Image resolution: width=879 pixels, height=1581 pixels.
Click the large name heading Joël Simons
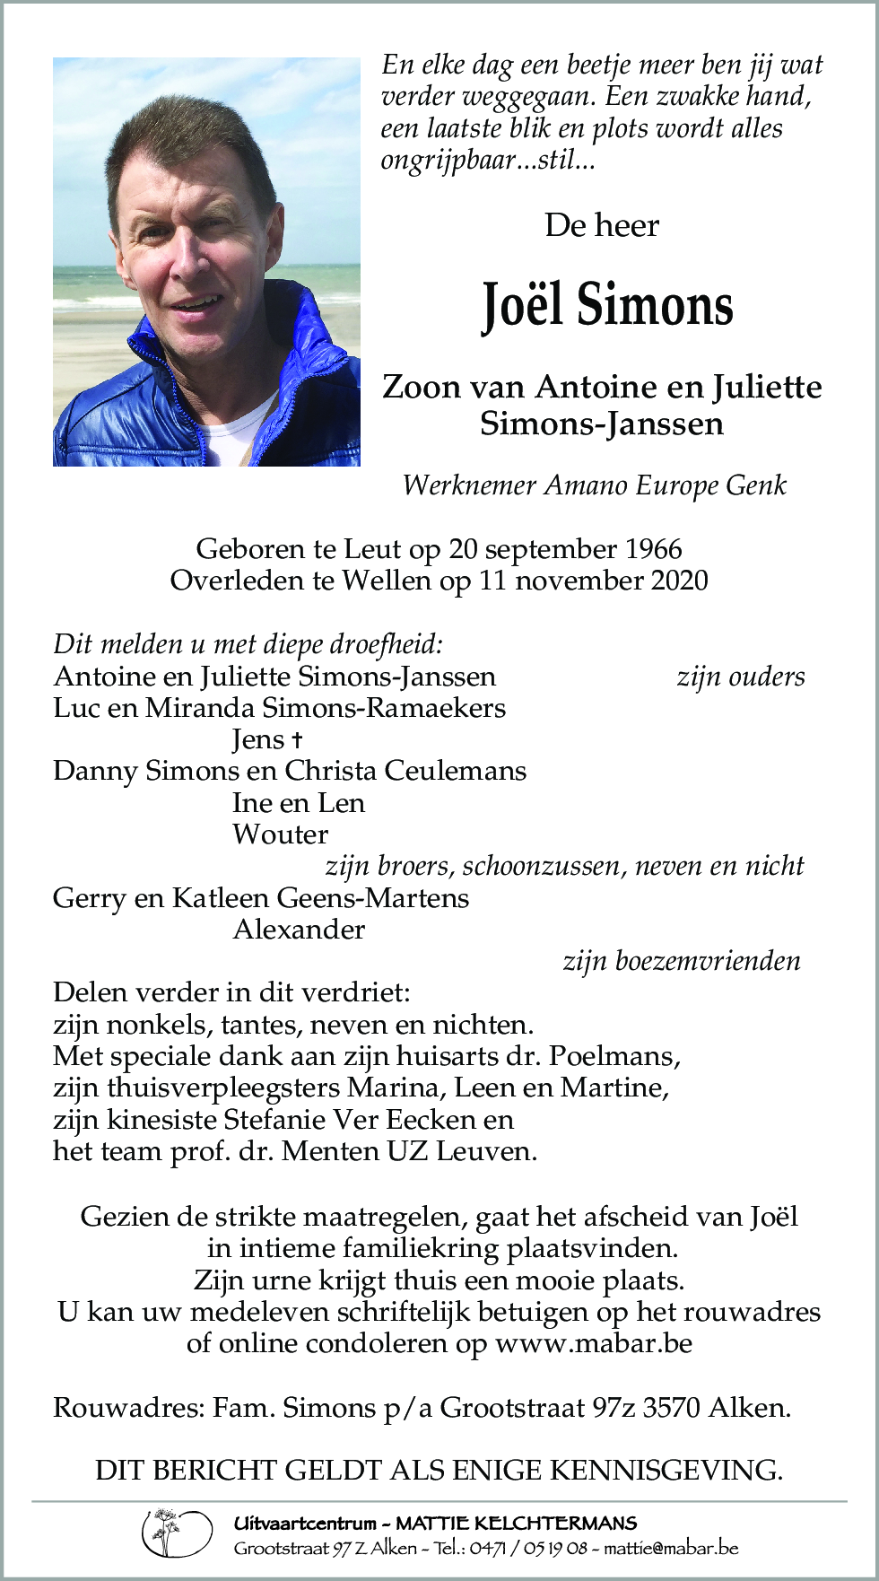607,305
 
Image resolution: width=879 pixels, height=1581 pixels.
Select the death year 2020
679,581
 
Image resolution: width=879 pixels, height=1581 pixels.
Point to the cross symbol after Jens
297,740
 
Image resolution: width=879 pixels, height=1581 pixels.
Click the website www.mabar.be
594,1343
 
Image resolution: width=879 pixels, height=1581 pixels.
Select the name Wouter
280,834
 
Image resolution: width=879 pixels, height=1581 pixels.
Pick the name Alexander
299,930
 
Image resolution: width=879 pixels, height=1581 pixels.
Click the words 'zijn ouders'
740,677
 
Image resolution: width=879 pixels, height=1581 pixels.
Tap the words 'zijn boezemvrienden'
682,961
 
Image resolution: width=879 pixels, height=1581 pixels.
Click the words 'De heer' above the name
601,225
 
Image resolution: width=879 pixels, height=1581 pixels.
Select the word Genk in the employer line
755,485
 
